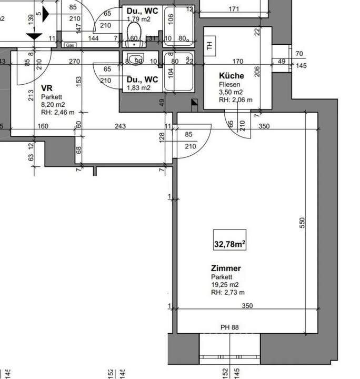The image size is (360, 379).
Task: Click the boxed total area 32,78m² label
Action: tap(231, 244)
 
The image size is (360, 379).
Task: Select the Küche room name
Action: tap(232, 76)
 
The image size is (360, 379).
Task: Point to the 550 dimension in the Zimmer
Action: tap(302, 223)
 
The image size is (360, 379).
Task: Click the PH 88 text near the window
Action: tap(229, 327)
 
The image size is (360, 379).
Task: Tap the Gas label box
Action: tap(70, 46)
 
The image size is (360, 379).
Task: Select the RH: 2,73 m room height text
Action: tap(228, 293)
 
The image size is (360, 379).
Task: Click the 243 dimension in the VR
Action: tap(121, 126)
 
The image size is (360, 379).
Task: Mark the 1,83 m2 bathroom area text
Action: tap(138, 88)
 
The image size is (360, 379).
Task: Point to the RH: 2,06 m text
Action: tap(236, 100)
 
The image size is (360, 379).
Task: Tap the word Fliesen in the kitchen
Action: tap(230, 84)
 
